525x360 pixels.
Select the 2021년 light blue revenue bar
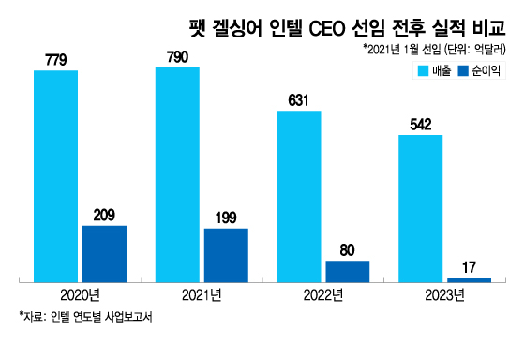point(177,173)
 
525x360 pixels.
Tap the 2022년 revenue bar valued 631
point(299,196)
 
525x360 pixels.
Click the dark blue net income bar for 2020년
point(104,253)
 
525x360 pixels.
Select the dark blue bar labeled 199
point(226,254)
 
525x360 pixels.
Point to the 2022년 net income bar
point(348,271)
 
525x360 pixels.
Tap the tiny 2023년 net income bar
point(469,279)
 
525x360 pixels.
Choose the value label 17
point(469,267)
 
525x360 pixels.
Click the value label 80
point(348,250)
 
